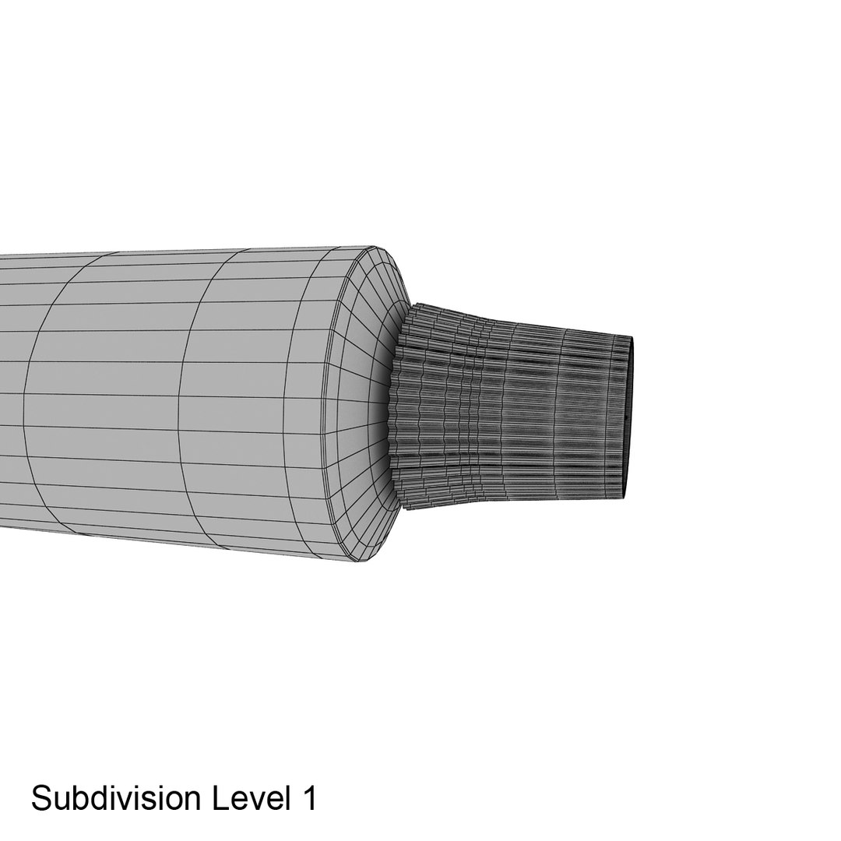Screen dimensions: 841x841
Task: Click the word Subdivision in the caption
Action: click(115, 798)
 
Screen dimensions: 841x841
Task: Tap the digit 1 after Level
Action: click(309, 798)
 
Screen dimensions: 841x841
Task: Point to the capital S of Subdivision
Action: click(40, 798)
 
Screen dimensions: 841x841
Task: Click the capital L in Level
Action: click(221, 798)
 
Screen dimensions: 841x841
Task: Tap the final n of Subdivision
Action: click(192, 802)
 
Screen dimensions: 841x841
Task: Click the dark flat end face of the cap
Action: click(628, 417)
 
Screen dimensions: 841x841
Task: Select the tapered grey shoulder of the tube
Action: click(364, 405)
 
